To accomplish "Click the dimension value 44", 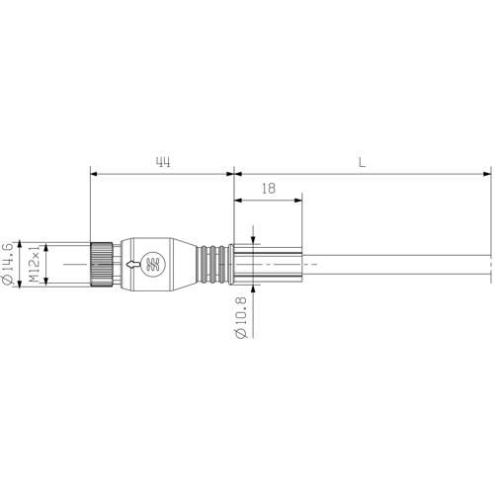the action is coord(163,162).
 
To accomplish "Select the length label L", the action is coord(362,162).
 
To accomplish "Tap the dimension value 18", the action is coord(269,189).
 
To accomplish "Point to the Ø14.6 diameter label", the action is coord(7,264).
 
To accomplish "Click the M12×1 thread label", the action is coord(34,264).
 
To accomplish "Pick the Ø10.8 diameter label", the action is coord(241,317).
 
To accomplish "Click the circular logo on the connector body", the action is coord(152,264).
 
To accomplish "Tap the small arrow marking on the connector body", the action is coord(133,264).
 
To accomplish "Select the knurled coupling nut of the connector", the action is coord(102,264).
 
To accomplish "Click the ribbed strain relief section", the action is coord(212,264).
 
